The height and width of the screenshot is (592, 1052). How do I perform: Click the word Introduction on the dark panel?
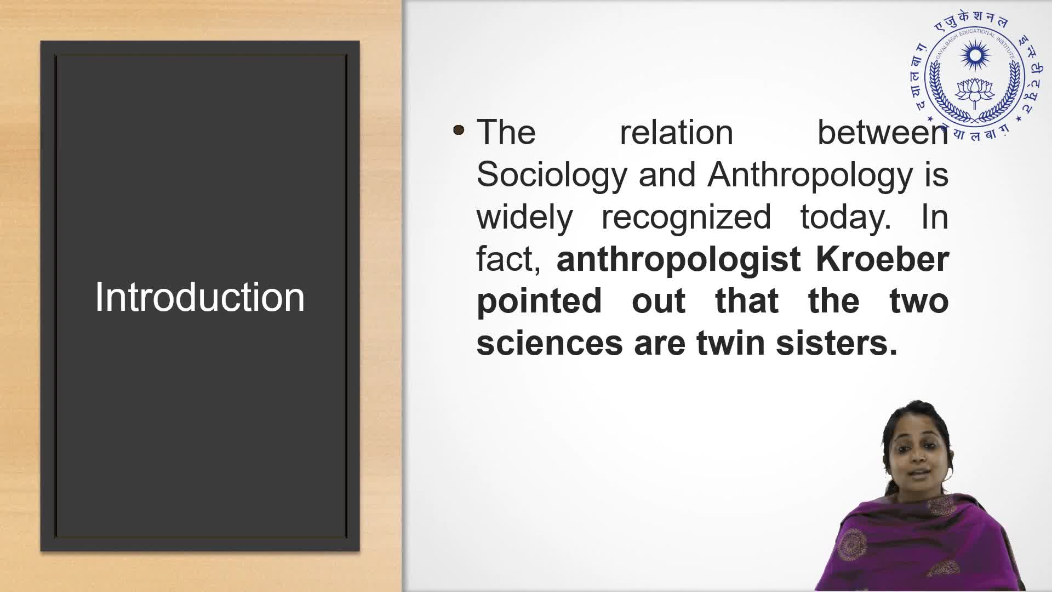[x=200, y=297]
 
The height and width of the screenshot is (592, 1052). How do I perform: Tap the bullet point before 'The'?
[x=459, y=130]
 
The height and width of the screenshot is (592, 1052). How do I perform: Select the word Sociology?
[x=551, y=175]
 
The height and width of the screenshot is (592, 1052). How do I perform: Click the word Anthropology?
[x=810, y=175]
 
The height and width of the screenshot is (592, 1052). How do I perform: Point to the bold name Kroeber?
[x=882, y=259]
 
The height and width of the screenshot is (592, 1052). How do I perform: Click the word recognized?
[x=687, y=218]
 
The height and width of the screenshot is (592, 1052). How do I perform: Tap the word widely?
[x=524, y=218]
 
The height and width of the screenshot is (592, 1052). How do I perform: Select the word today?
[x=845, y=218]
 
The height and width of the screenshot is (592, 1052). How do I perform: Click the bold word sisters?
[x=837, y=343]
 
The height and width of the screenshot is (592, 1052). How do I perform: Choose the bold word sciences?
[x=550, y=343]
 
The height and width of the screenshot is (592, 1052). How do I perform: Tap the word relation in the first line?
[x=677, y=133]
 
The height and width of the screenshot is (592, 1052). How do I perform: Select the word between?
[x=883, y=133]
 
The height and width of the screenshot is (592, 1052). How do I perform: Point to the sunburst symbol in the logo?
[x=975, y=55]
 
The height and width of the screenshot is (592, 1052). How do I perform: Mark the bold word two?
[x=919, y=301]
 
